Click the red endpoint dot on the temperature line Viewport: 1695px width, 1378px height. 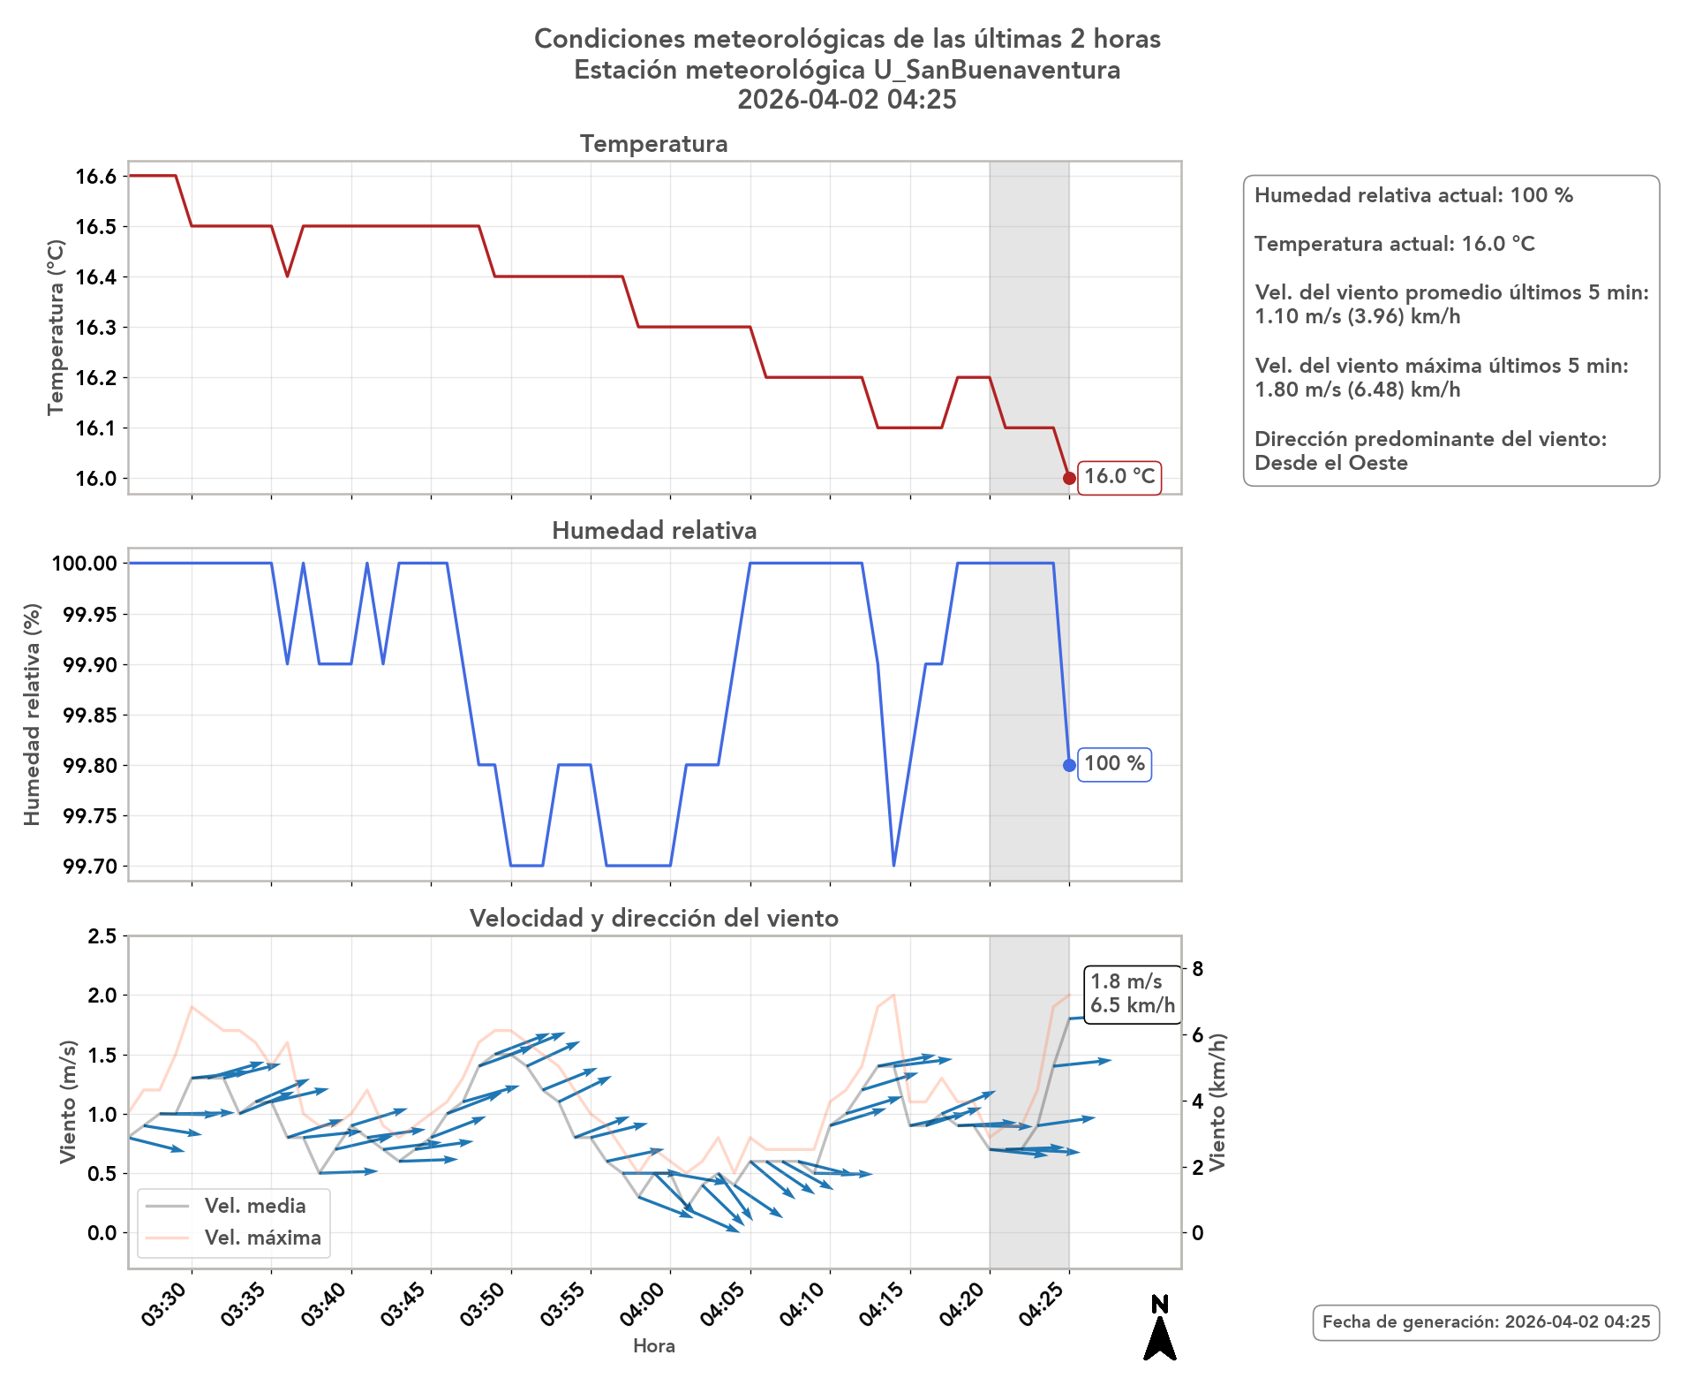pos(1069,478)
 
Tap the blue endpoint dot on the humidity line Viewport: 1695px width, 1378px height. pos(1069,765)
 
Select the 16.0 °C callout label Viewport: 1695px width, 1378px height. pos(1119,477)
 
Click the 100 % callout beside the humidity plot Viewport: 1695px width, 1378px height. pos(1114,764)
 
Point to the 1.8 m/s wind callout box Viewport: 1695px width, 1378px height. pos(1133,994)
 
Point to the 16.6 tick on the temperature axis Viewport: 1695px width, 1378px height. pos(96,177)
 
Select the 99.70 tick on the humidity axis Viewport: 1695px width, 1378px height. pos(90,866)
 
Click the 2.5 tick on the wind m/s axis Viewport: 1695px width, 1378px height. pos(102,936)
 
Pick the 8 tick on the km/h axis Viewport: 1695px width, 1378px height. pos(1198,969)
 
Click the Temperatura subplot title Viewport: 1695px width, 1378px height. pos(653,144)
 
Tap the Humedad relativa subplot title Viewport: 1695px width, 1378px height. pos(653,531)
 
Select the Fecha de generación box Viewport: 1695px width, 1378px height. pos(1486,1322)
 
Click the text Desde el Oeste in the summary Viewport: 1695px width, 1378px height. pos(1330,463)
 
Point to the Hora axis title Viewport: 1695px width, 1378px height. pos(653,1345)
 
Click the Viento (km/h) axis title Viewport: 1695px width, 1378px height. pos(1218,1102)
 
